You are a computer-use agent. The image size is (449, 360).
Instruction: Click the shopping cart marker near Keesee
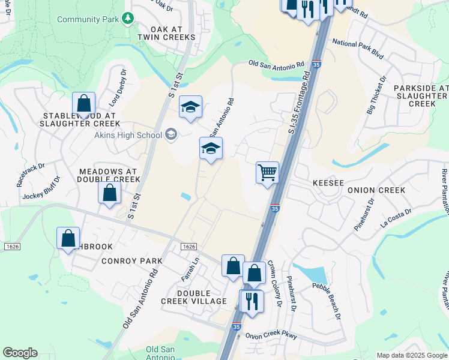(267, 173)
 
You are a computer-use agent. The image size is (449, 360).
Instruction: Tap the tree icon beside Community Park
(127, 19)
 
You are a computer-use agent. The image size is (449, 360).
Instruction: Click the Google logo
(20, 353)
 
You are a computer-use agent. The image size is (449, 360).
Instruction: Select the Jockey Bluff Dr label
(41, 188)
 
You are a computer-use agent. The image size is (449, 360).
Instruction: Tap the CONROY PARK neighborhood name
(132, 261)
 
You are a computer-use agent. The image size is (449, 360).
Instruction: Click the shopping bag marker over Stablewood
(84, 103)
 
